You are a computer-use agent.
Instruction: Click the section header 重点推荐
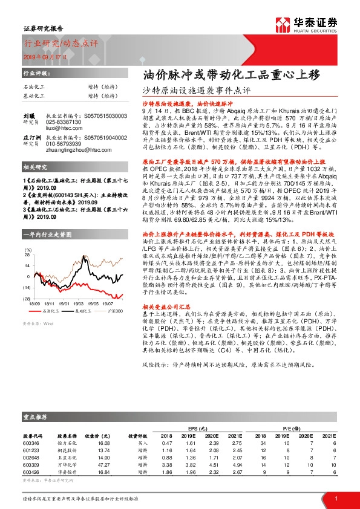coord(34,417)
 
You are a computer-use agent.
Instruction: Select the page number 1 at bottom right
coord(336,498)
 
